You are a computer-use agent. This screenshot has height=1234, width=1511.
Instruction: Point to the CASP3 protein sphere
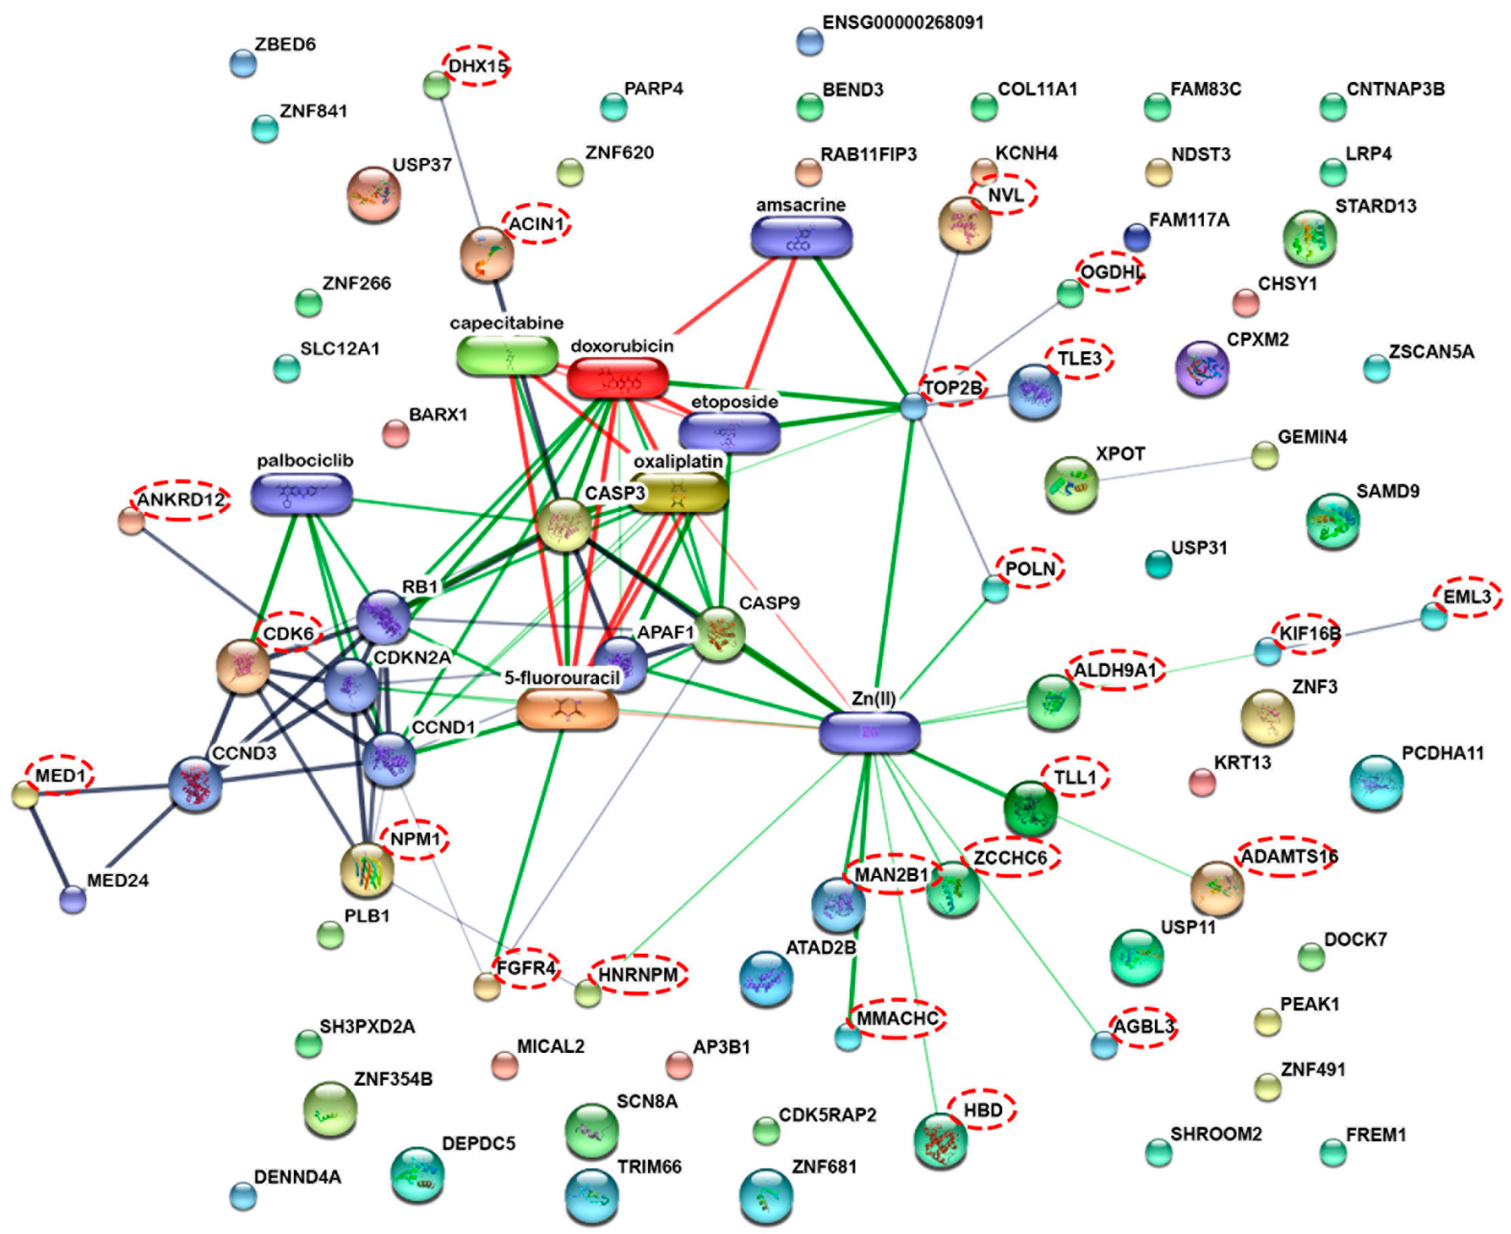click(564, 524)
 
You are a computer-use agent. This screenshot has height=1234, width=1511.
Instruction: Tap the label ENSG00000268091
click(903, 23)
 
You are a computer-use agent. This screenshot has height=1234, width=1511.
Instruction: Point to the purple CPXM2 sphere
click(1202, 368)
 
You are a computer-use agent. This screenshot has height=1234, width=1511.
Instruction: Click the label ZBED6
click(285, 44)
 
